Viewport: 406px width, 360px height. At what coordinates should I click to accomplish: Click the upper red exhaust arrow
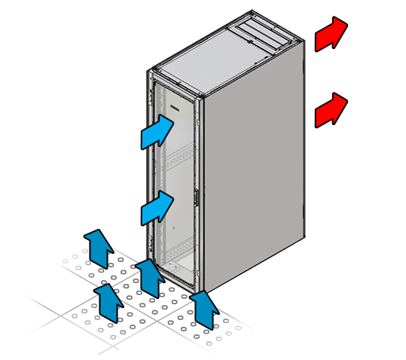[330, 35]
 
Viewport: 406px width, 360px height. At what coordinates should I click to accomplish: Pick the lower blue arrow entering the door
[157, 207]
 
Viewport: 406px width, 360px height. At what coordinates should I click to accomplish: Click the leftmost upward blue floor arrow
[97, 246]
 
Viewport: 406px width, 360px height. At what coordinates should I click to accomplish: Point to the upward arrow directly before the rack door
[150, 276]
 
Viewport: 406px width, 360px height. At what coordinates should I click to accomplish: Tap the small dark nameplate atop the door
[176, 110]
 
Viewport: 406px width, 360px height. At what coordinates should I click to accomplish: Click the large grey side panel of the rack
[256, 166]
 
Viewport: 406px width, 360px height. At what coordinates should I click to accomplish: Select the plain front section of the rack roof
[203, 60]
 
